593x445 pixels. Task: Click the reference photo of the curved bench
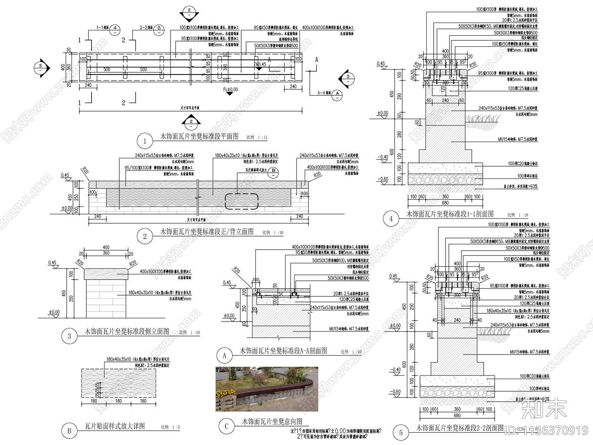(x=267, y=389)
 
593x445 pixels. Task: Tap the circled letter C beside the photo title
(x=226, y=426)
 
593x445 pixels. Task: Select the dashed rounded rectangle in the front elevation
(x=242, y=201)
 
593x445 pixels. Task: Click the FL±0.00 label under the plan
(x=230, y=89)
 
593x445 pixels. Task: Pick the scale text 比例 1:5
(x=170, y=427)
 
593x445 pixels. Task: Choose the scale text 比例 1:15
(x=257, y=137)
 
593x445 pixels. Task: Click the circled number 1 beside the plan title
(x=145, y=141)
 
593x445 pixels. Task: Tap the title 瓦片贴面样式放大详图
(x=115, y=426)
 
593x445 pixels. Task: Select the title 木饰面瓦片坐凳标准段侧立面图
(x=127, y=331)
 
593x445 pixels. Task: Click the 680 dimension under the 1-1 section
(x=445, y=203)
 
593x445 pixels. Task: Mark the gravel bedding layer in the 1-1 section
(x=445, y=179)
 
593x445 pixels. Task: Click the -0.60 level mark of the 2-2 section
(x=395, y=392)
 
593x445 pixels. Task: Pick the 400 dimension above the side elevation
(x=106, y=247)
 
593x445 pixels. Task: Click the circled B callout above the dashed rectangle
(x=273, y=171)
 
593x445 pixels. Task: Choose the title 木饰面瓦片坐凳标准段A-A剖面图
(x=284, y=350)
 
